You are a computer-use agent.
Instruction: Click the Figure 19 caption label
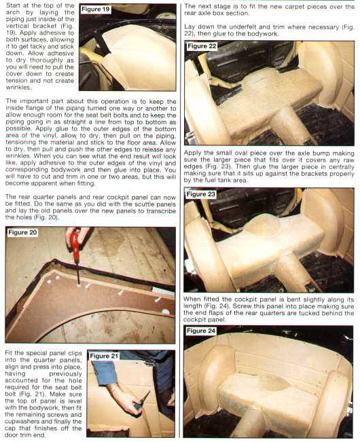click(x=95, y=10)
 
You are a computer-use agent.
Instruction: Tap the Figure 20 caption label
click(x=22, y=232)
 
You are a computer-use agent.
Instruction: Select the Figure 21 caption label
click(x=104, y=356)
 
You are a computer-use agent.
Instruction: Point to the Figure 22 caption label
click(x=202, y=46)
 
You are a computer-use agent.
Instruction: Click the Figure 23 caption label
click(x=201, y=194)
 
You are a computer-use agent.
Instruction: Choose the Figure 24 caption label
click(x=201, y=331)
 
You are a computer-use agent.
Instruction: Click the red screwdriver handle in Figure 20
click(x=75, y=241)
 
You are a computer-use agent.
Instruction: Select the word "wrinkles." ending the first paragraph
click(x=18, y=88)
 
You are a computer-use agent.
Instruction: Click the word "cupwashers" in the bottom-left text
click(x=21, y=422)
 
